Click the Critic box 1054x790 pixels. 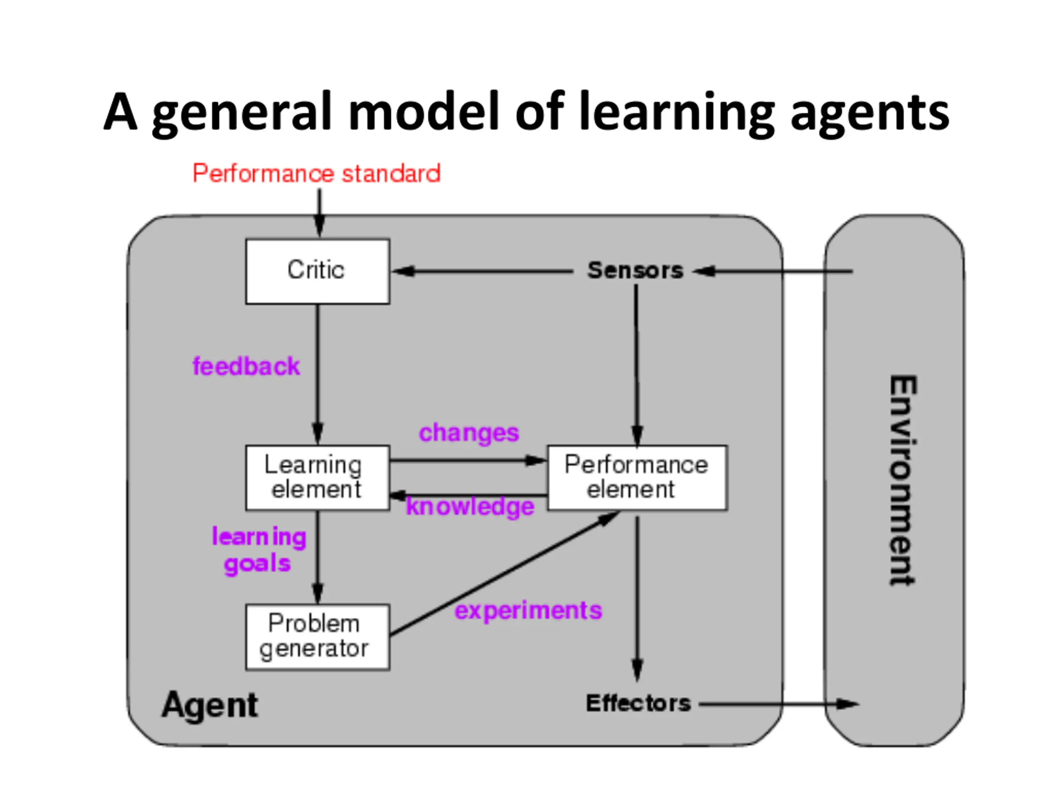317,272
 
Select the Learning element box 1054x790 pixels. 317,478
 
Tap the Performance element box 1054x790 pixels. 637,478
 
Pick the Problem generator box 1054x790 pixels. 317,637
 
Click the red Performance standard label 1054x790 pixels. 316,173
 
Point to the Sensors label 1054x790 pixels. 635,270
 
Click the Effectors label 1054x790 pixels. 638,703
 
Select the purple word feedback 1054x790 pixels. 246,366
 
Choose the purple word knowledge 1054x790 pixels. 470,507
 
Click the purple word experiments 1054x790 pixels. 528,611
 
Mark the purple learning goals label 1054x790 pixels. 259,550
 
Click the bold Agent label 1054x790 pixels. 210,705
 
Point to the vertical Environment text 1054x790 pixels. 902,481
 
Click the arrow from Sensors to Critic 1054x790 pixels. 482,272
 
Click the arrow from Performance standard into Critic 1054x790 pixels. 319,213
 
